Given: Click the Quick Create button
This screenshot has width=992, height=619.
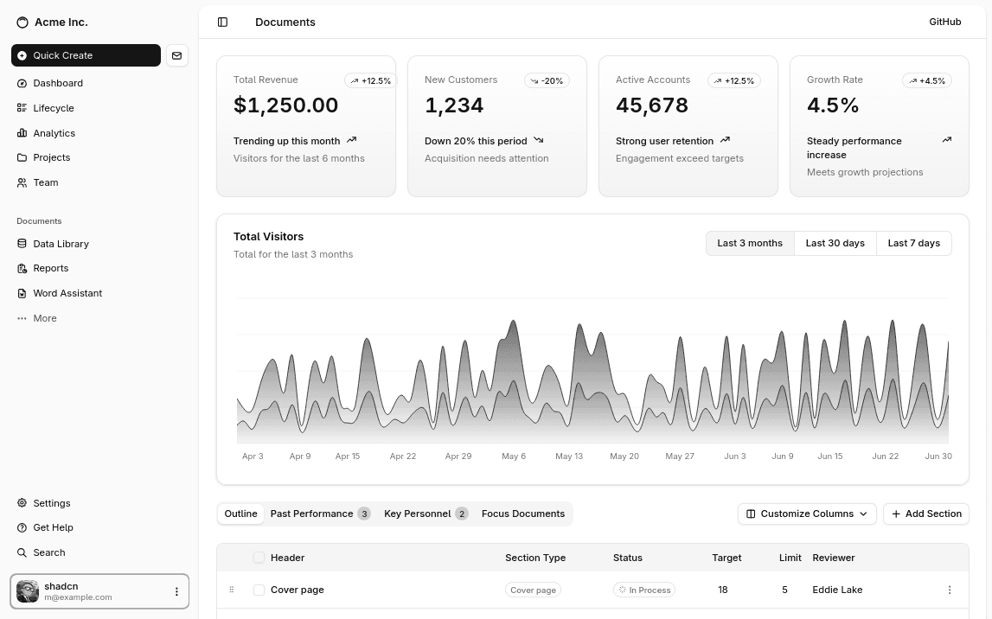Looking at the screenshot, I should pyautogui.click(x=86, y=55).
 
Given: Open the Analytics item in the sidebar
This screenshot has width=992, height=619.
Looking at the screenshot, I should pyautogui.click(x=54, y=133).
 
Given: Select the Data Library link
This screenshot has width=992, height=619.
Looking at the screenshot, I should pyautogui.click(x=61, y=244).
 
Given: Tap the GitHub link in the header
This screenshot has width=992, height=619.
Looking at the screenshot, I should pyautogui.click(x=944, y=22).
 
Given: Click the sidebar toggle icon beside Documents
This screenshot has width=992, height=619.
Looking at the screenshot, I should pyautogui.click(x=222, y=22).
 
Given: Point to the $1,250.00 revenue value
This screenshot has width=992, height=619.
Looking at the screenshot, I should pyautogui.click(x=285, y=105).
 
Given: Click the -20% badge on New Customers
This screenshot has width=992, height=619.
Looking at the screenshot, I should pyautogui.click(x=547, y=80).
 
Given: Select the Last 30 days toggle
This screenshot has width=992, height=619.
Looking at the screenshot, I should pyautogui.click(x=835, y=243).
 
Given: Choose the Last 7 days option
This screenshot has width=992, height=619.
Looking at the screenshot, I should pyautogui.click(x=913, y=243).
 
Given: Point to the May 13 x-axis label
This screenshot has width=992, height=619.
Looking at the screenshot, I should pyautogui.click(x=569, y=456).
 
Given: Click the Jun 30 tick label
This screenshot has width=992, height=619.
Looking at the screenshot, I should pyautogui.click(x=938, y=456).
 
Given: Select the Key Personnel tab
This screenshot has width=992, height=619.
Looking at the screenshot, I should pyautogui.click(x=425, y=514).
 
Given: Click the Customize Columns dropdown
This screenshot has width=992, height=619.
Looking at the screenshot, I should pyautogui.click(x=806, y=514).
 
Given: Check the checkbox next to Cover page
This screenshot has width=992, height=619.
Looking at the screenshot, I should pyautogui.click(x=259, y=590).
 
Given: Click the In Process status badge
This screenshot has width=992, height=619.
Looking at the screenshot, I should pyautogui.click(x=643, y=590).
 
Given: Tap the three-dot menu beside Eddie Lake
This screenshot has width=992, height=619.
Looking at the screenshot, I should pyautogui.click(x=949, y=590).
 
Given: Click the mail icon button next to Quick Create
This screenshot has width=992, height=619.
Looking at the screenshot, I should pyautogui.click(x=176, y=55).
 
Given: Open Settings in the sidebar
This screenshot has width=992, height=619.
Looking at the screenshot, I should pyautogui.click(x=51, y=503).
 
